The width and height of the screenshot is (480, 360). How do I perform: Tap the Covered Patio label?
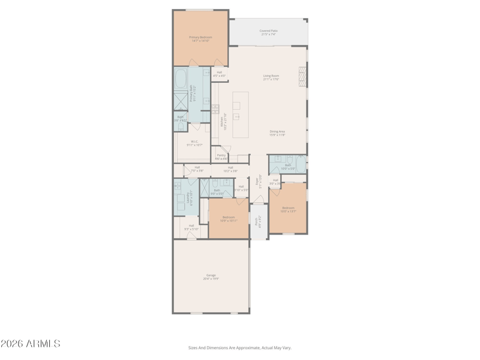click(x=268, y=32)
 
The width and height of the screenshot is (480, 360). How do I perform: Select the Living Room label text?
click(x=271, y=77)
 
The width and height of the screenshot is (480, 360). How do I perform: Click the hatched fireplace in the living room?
click(x=302, y=77)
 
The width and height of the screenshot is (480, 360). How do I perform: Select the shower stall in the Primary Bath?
click(x=181, y=100)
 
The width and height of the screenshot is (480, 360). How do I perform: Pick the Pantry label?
click(x=221, y=157)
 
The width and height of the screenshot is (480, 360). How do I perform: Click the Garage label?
click(x=211, y=277)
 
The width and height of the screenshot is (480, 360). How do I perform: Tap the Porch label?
click(x=259, y=220)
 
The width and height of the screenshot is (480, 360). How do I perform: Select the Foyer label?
click(x=259, y=182)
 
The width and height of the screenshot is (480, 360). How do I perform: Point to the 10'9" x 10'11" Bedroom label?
click(x=229, y=219)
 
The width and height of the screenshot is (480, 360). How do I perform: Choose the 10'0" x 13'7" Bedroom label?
click(x=288, y=209)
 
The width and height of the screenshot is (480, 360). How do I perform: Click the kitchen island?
click(x=241, y=115)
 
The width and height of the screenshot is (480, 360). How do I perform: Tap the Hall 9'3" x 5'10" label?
click(x=191, y=227)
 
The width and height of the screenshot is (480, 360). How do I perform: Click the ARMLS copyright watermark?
click(x=30, y=344)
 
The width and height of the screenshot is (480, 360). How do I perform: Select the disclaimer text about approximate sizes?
click(x=239, y=347)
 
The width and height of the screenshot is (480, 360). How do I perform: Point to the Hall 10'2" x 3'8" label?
click(x=230, y=169)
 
